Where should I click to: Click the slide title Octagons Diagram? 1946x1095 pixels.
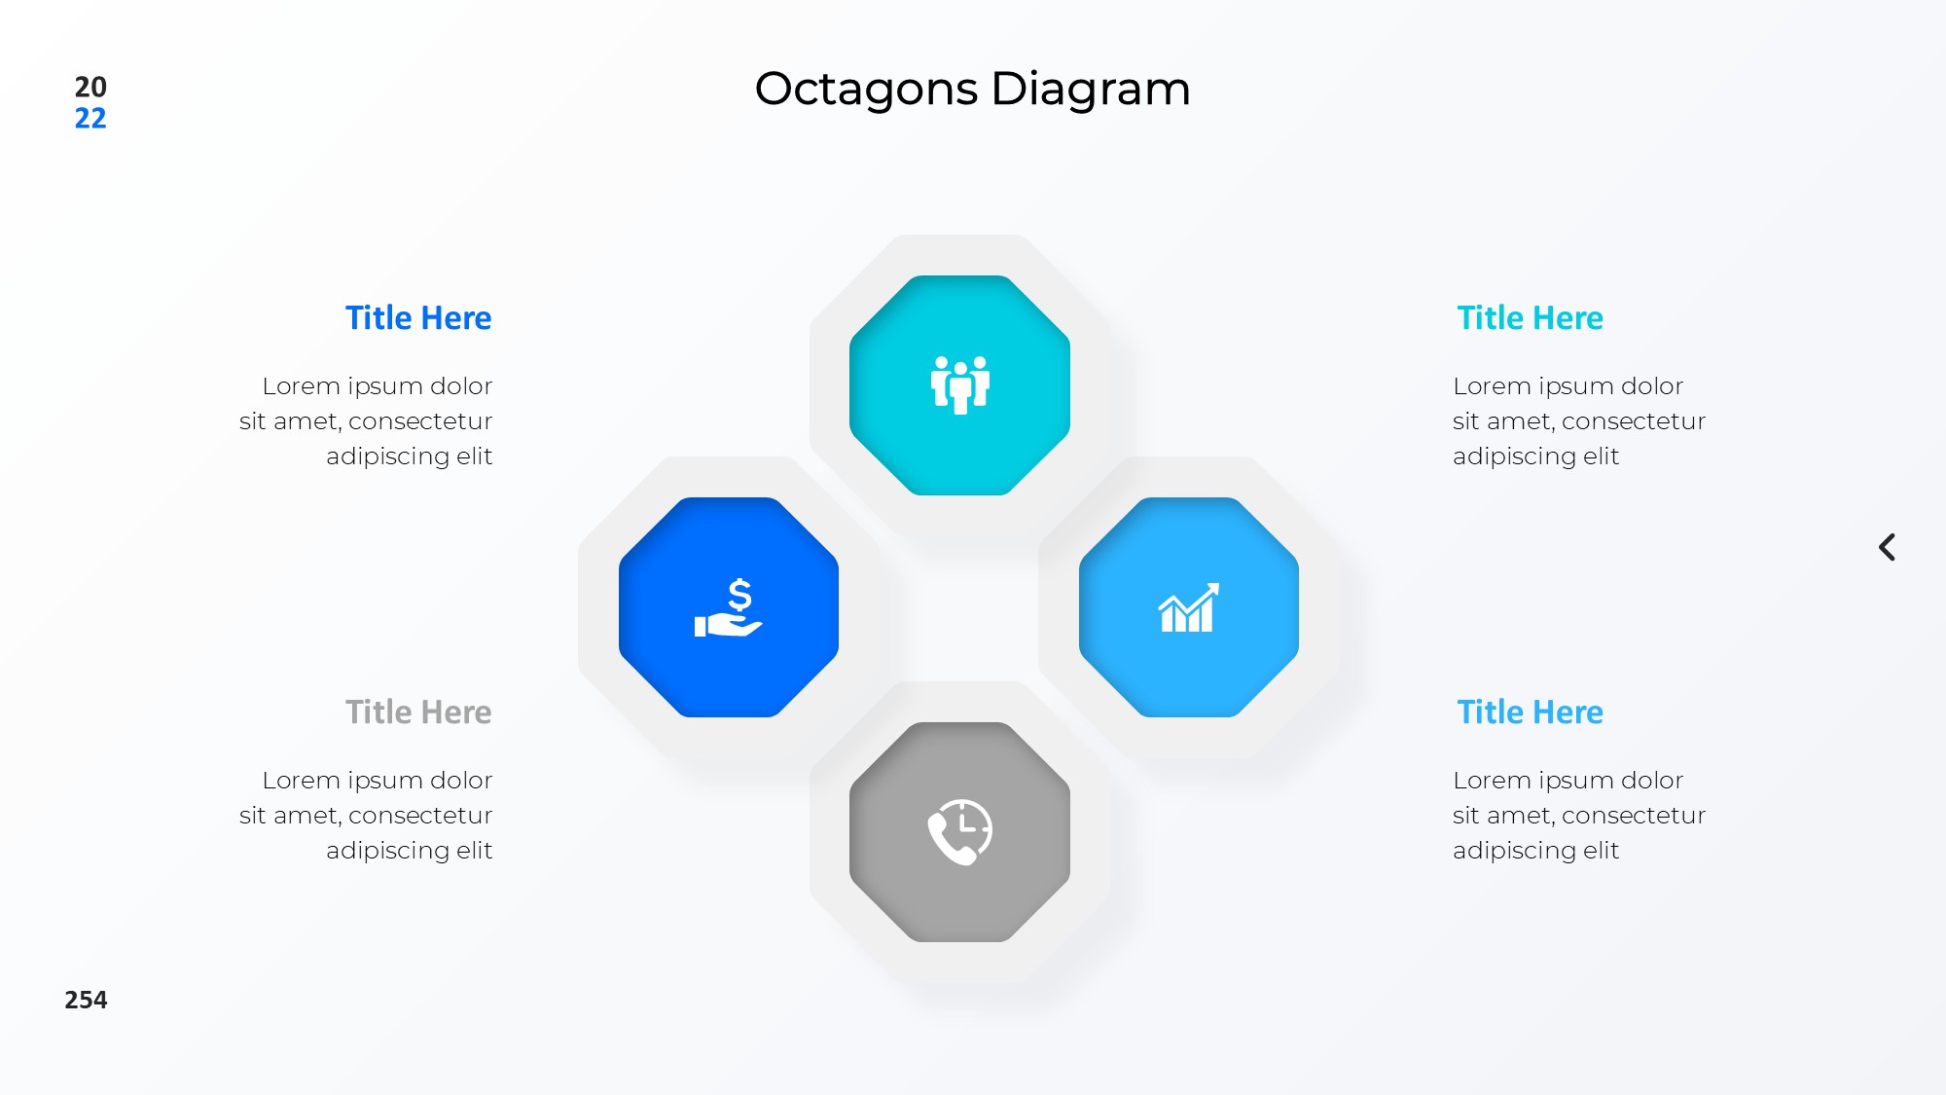972,90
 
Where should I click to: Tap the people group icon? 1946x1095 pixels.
960,384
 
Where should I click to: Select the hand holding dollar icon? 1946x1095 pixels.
729,608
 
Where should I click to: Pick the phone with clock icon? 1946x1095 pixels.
960,832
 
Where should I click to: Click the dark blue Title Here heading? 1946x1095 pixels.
418,318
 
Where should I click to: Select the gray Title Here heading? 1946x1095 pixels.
418,712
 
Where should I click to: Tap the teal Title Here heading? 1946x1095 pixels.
1530,318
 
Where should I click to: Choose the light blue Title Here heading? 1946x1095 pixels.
1530,712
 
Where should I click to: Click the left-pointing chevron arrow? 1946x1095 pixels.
1887,547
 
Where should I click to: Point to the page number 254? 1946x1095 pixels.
86,1000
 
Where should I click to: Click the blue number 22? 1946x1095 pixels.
90,119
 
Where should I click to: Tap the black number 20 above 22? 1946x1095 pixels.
90,87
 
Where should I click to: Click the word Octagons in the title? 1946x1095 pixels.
866,90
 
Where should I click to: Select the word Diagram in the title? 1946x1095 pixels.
1091,90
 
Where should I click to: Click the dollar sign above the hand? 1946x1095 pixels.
740,595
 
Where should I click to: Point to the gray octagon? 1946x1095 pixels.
960,832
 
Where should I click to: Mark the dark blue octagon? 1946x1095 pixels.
729,607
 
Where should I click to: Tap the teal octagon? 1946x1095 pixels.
960,385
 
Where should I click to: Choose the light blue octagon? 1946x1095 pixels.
1189,607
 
